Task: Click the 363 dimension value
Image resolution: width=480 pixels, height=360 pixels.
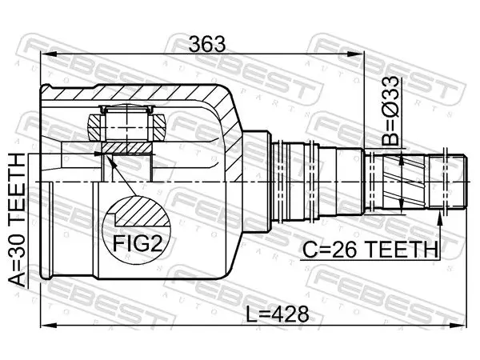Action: tap(207, 44)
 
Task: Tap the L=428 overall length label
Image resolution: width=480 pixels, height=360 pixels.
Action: tap(278, 314)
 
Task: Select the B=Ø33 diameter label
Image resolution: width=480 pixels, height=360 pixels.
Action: tap(391, 111)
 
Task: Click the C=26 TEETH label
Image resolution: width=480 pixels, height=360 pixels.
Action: tap(370, 250)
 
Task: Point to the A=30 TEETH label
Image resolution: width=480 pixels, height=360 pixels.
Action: tap(17, 220)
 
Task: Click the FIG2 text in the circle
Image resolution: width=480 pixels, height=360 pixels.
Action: tap(138, 243)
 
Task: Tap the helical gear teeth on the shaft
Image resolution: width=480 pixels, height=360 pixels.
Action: tap(401, 182)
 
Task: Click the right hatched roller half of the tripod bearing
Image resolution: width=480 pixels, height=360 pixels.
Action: tap(159, 128)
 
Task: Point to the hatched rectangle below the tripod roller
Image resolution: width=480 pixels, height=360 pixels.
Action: tap(126, 148)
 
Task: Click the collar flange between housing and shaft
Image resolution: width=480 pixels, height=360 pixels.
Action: tap(257, 182)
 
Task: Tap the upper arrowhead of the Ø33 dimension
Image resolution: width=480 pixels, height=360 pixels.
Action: tap(402, 159)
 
